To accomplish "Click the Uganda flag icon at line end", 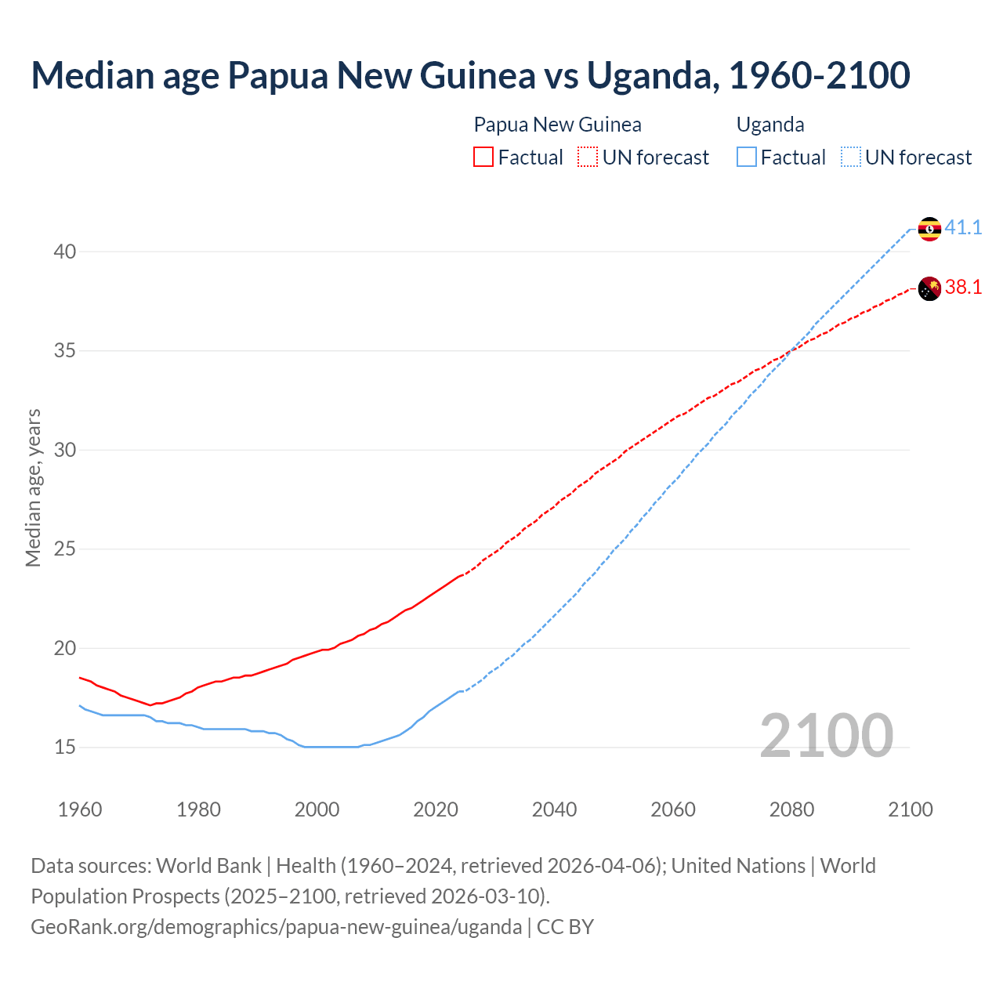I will click(929, 229).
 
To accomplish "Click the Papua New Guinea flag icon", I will click(929, 288).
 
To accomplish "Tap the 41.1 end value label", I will click(963, 228).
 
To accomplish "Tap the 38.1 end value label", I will click(963, 288).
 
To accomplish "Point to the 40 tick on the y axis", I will click(65, 252).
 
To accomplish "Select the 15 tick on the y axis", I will click(65, 748).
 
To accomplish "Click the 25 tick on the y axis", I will click(65, 549).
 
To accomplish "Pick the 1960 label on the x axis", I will click(80, 809).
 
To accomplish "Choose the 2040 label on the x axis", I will click(554, 809).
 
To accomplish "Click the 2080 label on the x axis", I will click(791, 809).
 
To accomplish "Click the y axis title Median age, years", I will click(33, 487).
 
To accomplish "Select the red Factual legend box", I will click(483, 158).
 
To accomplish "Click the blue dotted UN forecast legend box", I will click(851, 158).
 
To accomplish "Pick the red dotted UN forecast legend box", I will click(588, 158).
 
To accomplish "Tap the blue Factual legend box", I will click(746, 158).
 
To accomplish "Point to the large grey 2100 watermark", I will click(826, 735).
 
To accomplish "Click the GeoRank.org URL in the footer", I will click(276, 927).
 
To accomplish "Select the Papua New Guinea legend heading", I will click(557, 125).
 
